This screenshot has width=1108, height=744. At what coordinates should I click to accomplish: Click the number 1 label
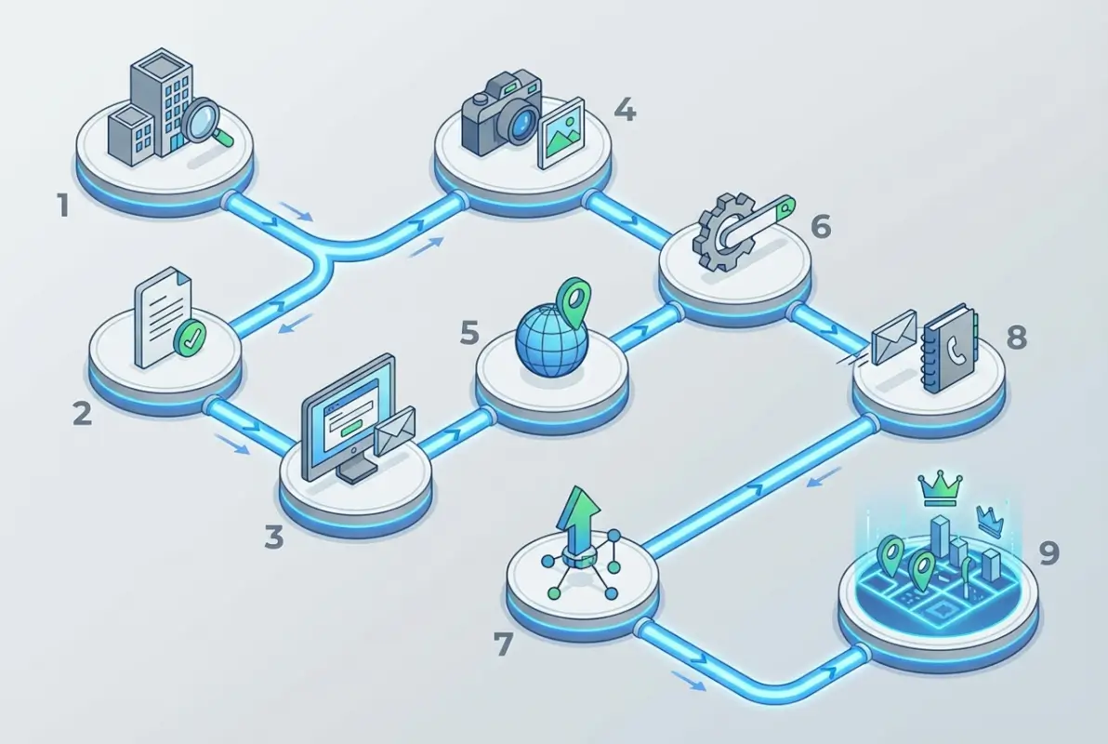(63, 206)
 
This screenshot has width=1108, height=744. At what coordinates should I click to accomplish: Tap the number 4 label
(625, 110)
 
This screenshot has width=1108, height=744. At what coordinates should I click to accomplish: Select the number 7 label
(503, 644)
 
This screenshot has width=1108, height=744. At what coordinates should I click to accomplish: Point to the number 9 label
(1050, 552)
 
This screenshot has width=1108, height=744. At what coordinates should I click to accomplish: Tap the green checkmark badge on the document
(190, 338)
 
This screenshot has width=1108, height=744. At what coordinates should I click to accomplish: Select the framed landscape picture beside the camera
(561, 132)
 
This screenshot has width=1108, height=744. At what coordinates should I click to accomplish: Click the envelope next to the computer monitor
(395, 430)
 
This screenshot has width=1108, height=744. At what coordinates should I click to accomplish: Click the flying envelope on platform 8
(894, 338)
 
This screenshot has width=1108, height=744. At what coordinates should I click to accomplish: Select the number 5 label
(469, 332)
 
